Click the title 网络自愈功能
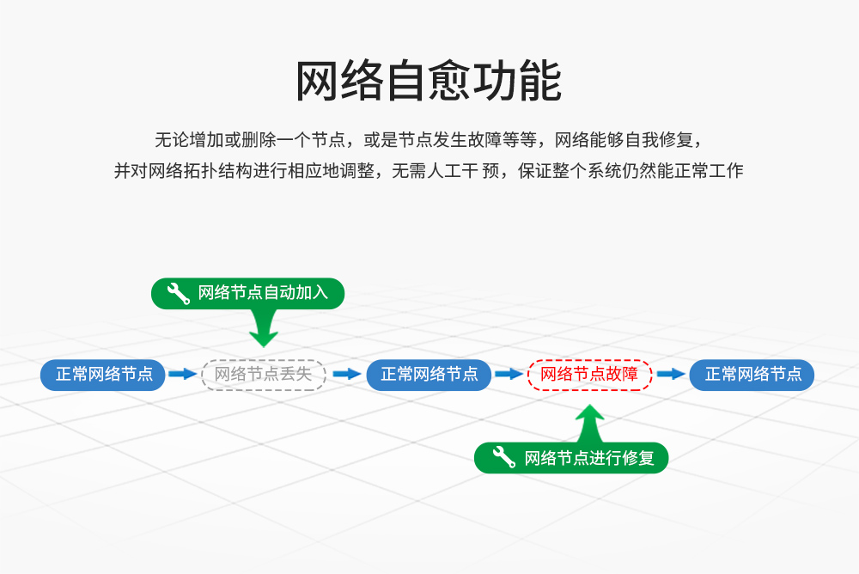coord(429,82)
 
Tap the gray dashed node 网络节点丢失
coord(264,375)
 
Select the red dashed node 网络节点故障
coord(589,374)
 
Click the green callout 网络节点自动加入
coord(247,293)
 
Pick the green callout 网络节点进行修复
coord(571,458)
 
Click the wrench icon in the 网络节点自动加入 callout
coord(178,293)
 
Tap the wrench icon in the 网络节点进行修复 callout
coord(504,458)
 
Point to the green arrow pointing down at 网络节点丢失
coord(264,327)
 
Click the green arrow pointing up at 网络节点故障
coord(589,423)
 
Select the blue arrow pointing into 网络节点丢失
coord(183,375)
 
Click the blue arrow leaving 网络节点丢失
coord(346,375)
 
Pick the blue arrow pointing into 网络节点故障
coord(509,375)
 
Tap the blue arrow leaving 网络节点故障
coord(671,375)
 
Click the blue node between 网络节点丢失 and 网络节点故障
coord(429,375)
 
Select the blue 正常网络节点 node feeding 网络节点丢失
coord(103,375)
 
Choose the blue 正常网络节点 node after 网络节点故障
coord(752,375)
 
